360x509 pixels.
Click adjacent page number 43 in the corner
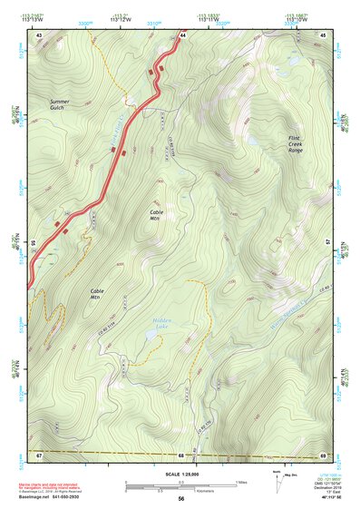point(39,34)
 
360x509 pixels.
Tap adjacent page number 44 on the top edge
point(182,34)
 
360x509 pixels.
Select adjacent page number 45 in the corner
point(324,34)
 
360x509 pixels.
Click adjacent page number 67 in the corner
point(39,453)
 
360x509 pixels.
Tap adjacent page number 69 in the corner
point(324,453)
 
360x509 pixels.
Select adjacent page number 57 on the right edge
point(328,243)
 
